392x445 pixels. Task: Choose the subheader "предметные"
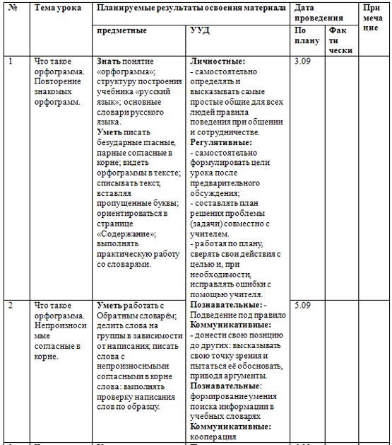122,31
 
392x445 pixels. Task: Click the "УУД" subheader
201,31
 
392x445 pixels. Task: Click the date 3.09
302,62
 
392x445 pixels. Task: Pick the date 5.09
302,305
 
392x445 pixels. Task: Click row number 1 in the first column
11,62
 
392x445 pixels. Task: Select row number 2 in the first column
11,305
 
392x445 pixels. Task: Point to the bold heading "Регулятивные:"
222,142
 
